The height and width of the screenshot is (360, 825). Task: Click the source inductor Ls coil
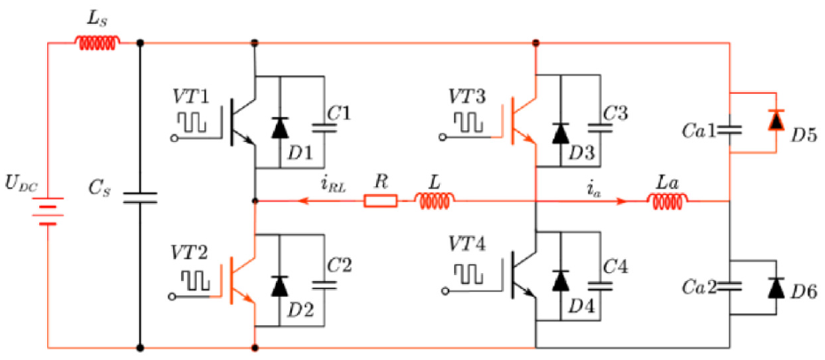(x=100, y=42)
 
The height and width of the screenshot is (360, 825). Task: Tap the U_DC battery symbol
(x=48, y=211)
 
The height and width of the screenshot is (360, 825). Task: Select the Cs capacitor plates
(x=140, y=198)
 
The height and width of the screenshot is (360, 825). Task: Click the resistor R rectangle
(x=381, y=200)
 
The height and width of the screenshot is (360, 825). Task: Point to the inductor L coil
(x=436, y=200)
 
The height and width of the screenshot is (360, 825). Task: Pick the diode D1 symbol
(x=279, y=129)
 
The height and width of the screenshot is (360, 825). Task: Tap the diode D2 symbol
(x=279, y=285)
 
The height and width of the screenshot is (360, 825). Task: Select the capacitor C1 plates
(x=323, y=128)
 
